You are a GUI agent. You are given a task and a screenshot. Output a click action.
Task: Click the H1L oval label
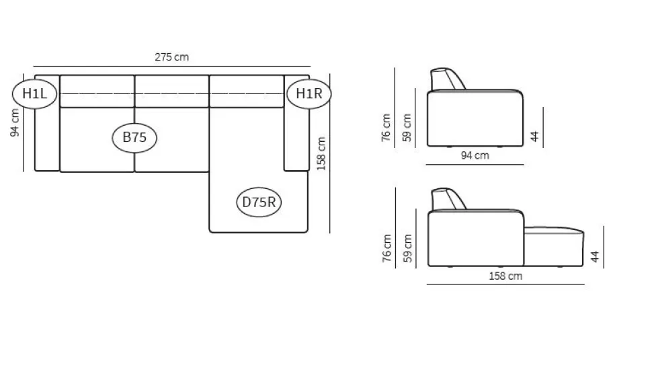point(34,93)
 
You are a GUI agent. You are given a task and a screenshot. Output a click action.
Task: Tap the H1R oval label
point(309,93)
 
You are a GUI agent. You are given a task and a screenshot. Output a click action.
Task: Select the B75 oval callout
point(134,137)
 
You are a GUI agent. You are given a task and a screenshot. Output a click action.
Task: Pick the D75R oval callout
point(259,202)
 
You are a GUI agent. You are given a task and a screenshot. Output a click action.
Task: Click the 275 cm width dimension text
point(171,57)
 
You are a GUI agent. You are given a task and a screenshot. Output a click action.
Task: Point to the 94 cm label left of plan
point(15,122)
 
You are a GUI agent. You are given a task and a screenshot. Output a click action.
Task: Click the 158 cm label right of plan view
point(321,153)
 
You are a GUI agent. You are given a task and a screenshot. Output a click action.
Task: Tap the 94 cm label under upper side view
point(475,155)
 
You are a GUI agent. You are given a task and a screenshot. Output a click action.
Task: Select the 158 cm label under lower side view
point(505,276)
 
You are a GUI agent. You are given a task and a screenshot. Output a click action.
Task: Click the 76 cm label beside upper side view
point(386,128)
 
